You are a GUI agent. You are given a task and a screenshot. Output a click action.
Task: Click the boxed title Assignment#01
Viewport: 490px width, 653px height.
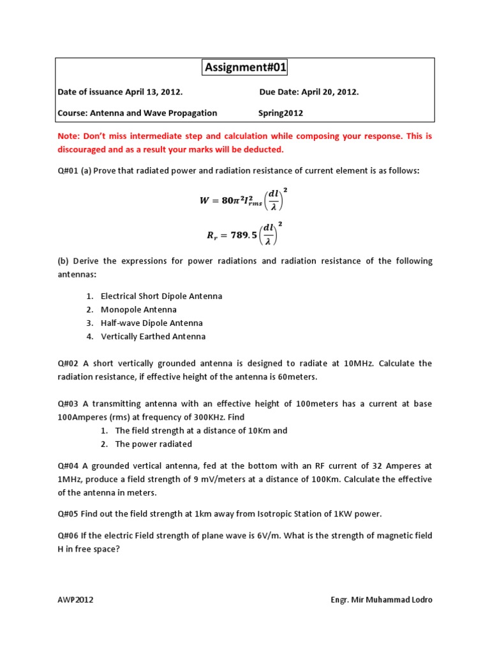tap(245, 68)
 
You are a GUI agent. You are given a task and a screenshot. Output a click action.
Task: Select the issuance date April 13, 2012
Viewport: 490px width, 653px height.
tap(154, 92)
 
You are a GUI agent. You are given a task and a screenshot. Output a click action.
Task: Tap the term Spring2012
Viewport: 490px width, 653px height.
tap(281, 113)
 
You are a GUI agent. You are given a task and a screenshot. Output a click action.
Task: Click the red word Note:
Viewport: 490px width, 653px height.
tap(70, 136)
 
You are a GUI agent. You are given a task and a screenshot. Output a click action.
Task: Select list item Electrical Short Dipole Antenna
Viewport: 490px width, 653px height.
tap(161, 297)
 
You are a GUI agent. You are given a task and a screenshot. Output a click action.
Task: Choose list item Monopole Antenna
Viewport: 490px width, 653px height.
tap(138, 310)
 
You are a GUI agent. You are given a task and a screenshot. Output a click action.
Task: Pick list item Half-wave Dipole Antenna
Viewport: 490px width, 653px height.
tap(152, 323)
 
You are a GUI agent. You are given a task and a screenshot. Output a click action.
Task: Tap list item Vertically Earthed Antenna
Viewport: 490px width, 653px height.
tap(153, 337)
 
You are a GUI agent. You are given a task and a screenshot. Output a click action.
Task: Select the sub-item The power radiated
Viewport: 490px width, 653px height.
tap(153, 444)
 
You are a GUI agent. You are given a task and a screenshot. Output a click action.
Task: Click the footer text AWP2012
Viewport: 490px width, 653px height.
tap(75, 600)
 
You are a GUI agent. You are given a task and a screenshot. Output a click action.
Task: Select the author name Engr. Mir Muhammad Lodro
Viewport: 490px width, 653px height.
tap(381, 600)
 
